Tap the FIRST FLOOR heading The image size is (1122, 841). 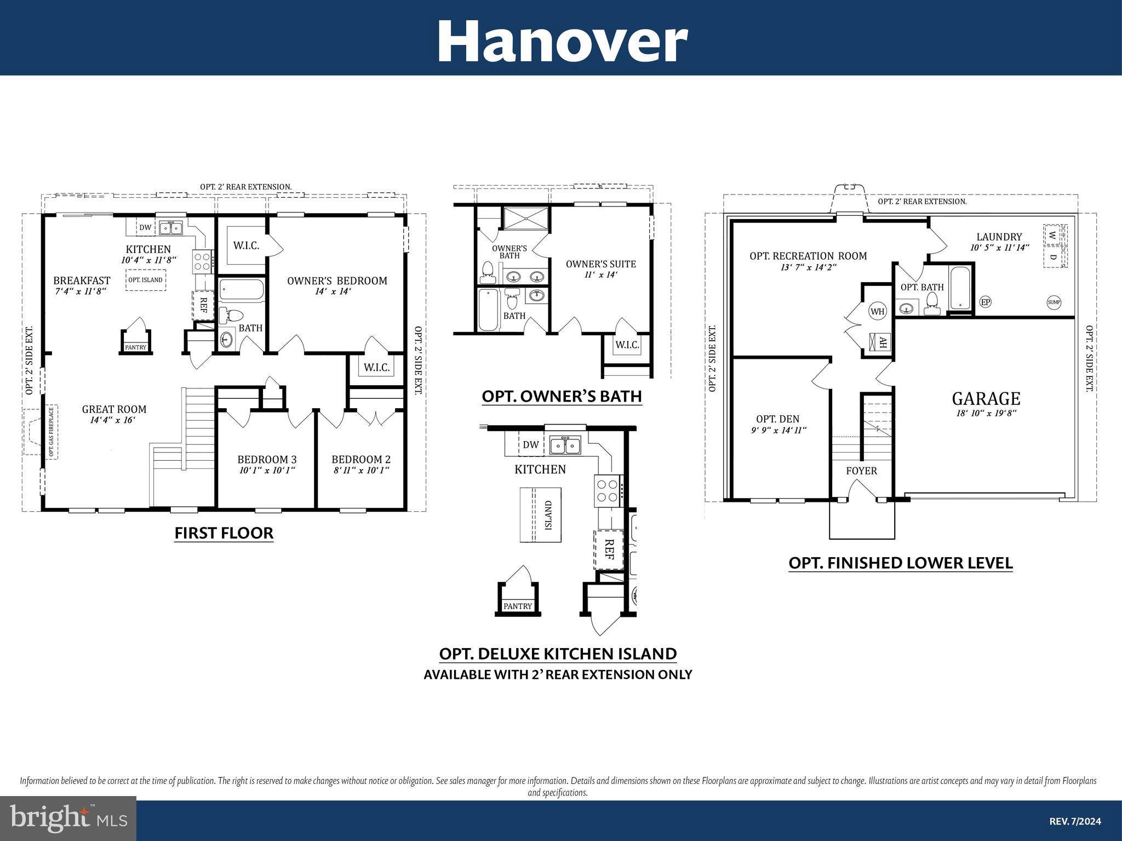[224, 533]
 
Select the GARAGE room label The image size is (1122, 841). [986, 398]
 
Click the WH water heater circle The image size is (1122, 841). [877, 312]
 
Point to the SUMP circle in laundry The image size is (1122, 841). [1054, 302]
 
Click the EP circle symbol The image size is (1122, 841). [985, 302]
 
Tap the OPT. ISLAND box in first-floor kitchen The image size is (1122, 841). [145, 280]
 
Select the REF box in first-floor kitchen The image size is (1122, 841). [203, 306]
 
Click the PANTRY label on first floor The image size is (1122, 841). [135, 347]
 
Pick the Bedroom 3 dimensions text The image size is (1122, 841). [267, 470]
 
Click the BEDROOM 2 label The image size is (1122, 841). [361, 459]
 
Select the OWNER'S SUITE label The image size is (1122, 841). [600, 264]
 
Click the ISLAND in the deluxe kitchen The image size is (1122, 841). [541, 514]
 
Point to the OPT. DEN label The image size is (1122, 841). [777, 419]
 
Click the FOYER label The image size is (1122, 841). [861, 471]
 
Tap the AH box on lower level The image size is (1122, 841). [882, 343]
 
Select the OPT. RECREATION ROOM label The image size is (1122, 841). [808, 256]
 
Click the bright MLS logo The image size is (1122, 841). [68, 818]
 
